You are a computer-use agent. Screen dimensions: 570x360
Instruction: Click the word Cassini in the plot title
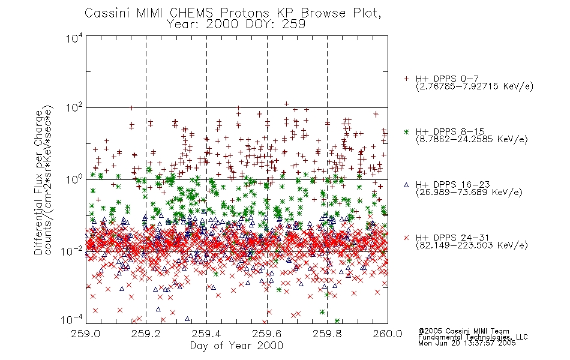(107, 13)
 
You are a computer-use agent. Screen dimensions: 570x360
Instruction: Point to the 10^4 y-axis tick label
(74, 38)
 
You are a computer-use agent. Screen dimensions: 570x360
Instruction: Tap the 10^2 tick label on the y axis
(74, 108)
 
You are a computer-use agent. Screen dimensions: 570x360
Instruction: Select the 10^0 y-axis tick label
(74, 179)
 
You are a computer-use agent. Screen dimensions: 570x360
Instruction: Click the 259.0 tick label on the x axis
(85, 334)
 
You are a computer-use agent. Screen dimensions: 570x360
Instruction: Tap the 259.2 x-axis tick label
(146, 334)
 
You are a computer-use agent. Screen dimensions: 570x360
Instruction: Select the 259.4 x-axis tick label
(206, 334)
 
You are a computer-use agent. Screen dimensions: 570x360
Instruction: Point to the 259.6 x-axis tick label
(266, 334)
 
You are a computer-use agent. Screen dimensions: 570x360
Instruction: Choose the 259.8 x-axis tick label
(327, 334)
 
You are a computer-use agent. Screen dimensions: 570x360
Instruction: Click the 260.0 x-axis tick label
(388, 334)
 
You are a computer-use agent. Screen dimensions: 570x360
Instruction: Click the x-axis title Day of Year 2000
(236, 346)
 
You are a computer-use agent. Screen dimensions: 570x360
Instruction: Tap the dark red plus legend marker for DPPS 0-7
(406, 79)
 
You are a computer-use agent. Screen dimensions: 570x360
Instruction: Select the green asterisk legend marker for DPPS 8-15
(406, 131)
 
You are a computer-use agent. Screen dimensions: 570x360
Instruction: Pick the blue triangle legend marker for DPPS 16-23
(406, 185)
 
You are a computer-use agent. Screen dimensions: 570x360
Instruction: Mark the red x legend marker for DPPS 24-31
(406, 238)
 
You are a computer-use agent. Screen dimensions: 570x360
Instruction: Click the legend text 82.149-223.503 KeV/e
(472, 245)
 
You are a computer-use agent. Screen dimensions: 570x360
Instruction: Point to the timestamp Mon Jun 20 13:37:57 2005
(467, 343)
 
